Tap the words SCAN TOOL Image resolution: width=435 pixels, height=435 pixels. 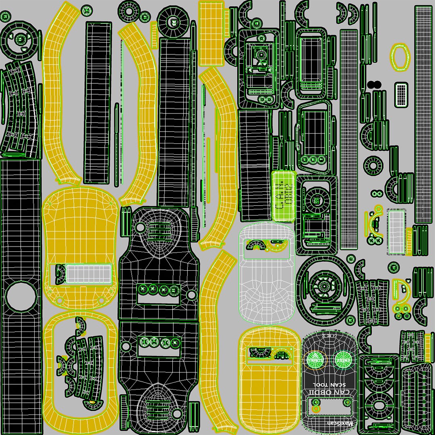tap(329, 385)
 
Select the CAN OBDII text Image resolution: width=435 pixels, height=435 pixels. tap(329, 393)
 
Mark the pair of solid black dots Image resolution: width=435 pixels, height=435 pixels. tap(375, 84)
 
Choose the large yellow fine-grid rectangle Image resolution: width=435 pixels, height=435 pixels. tap(211, 34)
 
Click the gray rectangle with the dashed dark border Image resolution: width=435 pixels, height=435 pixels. tap(396, 232)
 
